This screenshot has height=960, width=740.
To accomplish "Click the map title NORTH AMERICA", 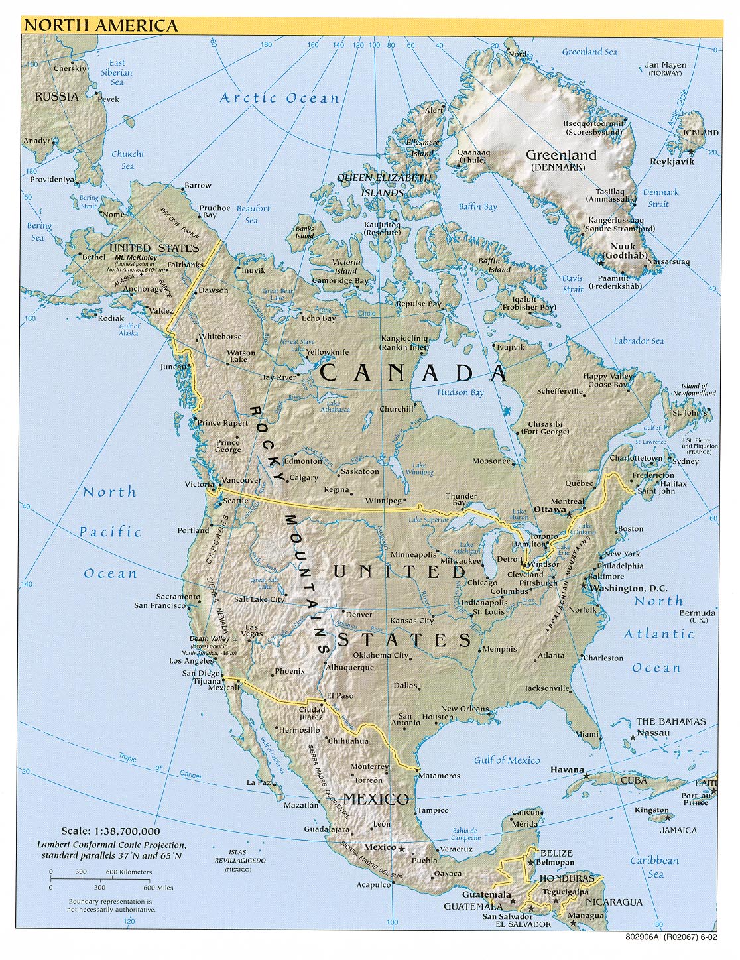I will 101,26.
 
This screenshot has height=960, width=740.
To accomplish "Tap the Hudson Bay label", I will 460,392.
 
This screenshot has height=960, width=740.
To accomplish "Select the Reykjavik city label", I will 672,162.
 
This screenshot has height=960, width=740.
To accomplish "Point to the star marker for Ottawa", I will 568,512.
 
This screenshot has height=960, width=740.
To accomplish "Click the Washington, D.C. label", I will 628,588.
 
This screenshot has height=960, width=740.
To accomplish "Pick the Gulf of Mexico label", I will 507,760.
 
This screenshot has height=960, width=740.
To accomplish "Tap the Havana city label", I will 567,770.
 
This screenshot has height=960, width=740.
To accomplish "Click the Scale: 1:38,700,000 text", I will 111,831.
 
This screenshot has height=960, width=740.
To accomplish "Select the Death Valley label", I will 209,639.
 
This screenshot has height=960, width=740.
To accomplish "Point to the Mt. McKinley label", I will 136,257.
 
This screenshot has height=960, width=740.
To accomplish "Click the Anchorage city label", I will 143,289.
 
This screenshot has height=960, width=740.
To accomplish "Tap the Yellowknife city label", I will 327,352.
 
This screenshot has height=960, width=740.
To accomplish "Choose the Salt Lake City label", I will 259,599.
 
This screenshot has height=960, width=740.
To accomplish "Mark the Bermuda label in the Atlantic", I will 698,613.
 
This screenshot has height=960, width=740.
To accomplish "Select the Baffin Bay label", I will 477,206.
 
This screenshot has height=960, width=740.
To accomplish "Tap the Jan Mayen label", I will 665,65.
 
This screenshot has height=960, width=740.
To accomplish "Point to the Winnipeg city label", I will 383,501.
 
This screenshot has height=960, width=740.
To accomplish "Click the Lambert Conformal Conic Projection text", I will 111,845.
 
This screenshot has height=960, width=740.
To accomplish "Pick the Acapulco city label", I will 373,884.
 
